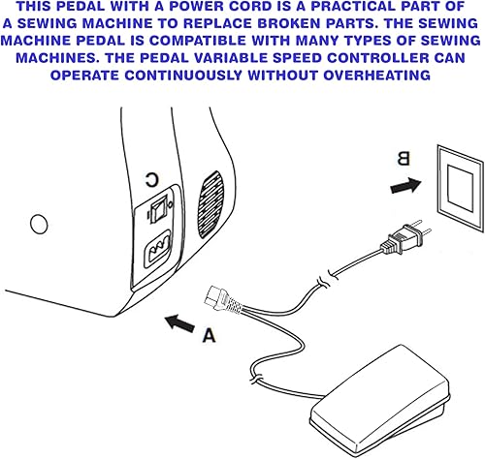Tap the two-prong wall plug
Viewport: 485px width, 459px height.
pos(406,236)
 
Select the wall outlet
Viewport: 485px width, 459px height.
pos(461,188)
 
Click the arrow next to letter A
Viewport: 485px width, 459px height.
pos(179,323)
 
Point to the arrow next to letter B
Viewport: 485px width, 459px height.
pos(405,186)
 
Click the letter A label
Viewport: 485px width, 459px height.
pos(209,335)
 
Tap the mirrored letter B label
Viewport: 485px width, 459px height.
pos(404,159)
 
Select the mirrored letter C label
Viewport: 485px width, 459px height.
pos(151,180)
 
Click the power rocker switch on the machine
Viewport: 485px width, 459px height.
pos(157,209)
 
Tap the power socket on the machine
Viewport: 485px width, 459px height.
pos(157,248)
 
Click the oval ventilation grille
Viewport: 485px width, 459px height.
pos(210,204)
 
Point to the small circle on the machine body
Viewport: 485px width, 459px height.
pos(39,224)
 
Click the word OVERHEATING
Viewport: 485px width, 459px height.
pos(376,76)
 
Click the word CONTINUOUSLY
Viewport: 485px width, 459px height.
pos(183,76)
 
